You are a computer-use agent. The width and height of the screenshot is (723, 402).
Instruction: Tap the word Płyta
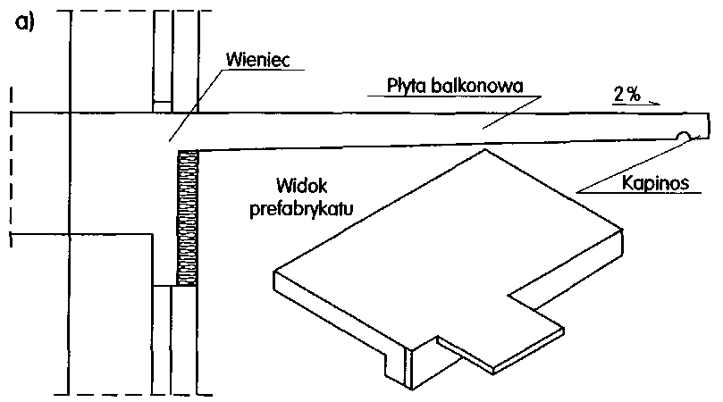click(x=408, y=86)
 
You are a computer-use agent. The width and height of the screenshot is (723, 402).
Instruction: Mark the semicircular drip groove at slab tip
click(x=683, y=137)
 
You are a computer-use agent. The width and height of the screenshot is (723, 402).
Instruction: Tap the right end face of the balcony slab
click(x=711, y=124)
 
